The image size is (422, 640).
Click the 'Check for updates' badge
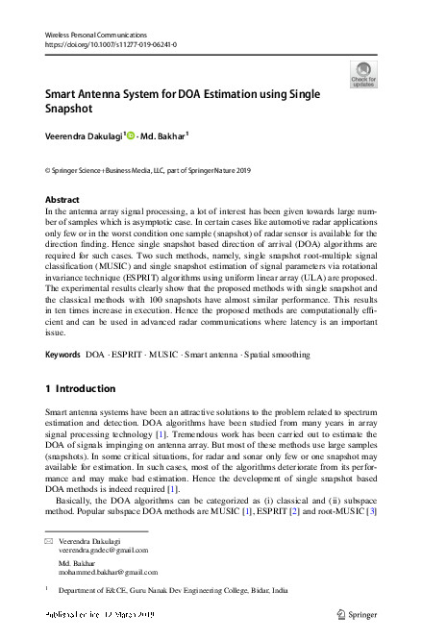pyautogui.click(x=363, y=75)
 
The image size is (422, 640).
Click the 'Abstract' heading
pyautogui.click(x=62, y=200)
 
